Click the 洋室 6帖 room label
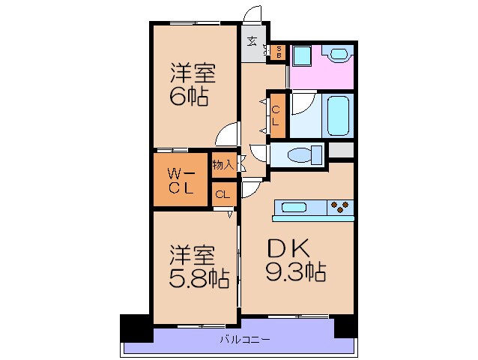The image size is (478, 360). click(193, 85)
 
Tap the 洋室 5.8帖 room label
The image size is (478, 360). click(198, 266)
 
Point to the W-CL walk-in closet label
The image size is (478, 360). click(180, 180)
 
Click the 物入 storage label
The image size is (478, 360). click(223, 163)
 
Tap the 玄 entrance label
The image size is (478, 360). click(253, 41)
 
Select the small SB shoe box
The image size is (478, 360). click(277, 52)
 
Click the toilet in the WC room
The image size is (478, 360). click(303, 155)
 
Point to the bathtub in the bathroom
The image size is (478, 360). click(337, 115)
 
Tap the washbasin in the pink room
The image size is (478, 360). click(338, 55)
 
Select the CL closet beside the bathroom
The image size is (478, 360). click(276, 114)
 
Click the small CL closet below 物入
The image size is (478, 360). click(223, 195)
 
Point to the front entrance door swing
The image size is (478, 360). click(253, 15)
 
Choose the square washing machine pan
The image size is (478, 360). click(302, 55)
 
